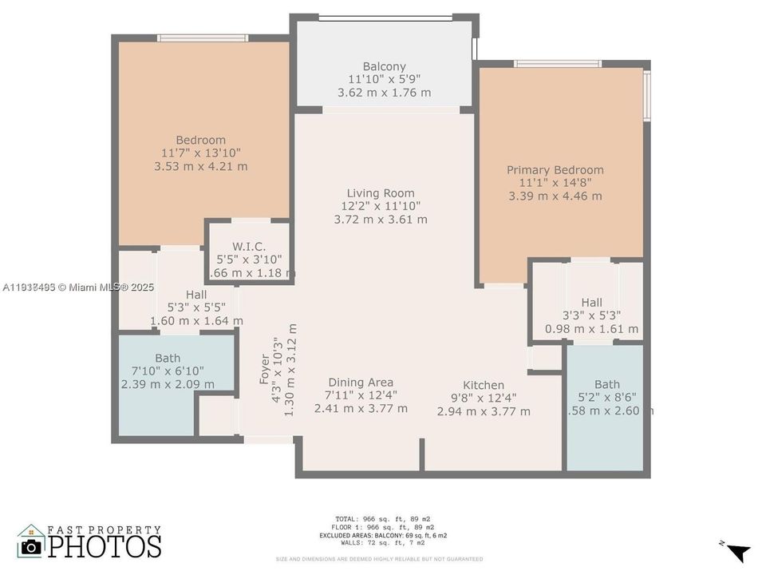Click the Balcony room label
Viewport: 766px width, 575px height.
click(384, 66)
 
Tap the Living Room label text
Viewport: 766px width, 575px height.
click(381, 192)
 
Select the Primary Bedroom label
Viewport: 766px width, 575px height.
click(555, 169)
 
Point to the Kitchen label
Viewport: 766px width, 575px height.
click(484, 384)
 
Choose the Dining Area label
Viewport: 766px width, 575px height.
click(360, 382)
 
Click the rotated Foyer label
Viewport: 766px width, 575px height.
click(265, 369)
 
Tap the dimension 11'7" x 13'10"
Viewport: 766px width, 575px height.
click(201, 153)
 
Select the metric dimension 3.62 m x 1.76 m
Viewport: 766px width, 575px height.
click(384, 92)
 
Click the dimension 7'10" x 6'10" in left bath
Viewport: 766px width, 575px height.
click(168, 371)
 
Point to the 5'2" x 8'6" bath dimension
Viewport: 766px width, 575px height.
click(606, 397)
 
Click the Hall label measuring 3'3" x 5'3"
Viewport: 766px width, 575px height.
click(591, 302)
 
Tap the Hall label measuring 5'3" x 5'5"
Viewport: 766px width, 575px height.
click(196, 294)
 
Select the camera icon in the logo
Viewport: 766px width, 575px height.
click(31, 546)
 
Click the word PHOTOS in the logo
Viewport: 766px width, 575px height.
click(104, 546)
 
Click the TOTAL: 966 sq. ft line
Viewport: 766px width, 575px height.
click(384, 519)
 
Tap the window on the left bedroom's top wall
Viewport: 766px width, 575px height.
click(203, 38)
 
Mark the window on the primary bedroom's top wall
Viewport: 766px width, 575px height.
click(557, 63)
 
